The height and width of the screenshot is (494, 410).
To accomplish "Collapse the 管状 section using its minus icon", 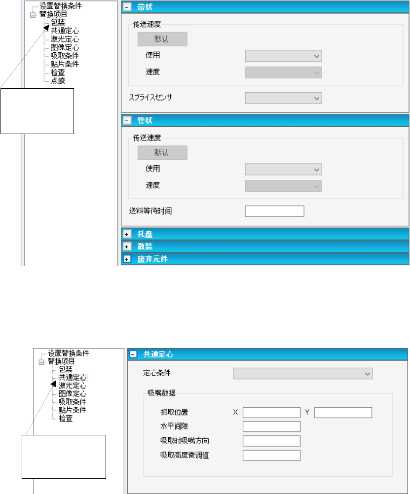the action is click(127, 120).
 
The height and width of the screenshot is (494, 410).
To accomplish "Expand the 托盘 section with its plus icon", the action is click(127, 233).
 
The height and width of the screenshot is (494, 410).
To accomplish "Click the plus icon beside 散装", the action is click(127, 246).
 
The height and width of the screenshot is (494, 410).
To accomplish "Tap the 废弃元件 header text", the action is click(152, 259).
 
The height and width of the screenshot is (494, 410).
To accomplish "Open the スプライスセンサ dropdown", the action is click(283, 99).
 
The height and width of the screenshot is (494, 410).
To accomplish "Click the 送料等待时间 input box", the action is click(274, 211).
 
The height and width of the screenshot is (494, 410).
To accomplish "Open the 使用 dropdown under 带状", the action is click(283, 56).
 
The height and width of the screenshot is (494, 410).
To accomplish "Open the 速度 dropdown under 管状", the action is click(283, 186).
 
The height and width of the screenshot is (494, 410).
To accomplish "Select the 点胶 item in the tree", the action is click(58, 80).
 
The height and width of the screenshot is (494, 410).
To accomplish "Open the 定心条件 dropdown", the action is click(302, 374).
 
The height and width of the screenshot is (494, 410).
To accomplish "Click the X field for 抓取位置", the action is click(271, 412).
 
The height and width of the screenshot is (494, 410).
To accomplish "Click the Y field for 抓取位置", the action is click(343, 412).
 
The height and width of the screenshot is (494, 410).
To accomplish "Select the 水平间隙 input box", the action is click(271, 426).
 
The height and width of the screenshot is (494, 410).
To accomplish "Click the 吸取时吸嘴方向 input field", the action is click(271, 441).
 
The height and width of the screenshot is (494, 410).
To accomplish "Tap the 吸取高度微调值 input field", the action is click(271, 455).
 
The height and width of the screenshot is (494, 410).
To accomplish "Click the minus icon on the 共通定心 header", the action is click(133, 354).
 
